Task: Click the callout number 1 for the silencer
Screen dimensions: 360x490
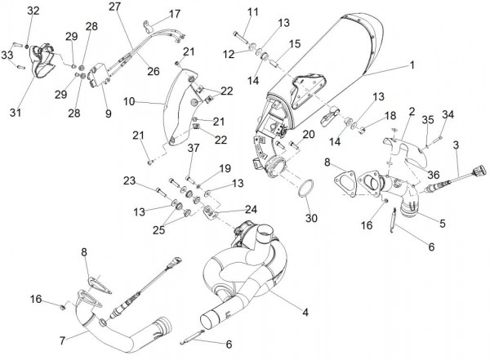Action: pyautogui.click(x=412, y=64)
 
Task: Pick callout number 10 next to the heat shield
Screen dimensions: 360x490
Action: pyautogui.click(x=130, y=102)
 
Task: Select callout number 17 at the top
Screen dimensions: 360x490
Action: pyautogui.click(x=175, y=14)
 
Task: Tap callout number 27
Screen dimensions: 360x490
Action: pyautogui.click(x=114, y=6)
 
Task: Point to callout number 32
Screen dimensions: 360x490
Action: pyautogui.click(x=33, y=11)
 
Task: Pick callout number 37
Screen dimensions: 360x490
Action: pyautogui.click(x=193, y=148)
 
